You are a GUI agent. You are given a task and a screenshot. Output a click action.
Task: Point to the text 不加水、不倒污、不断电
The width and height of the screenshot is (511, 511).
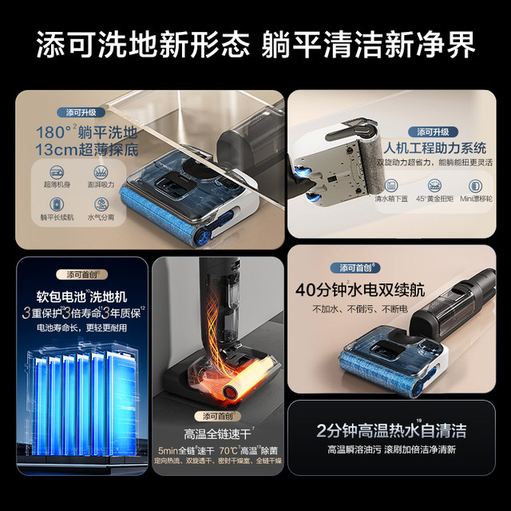coord(355,309)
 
